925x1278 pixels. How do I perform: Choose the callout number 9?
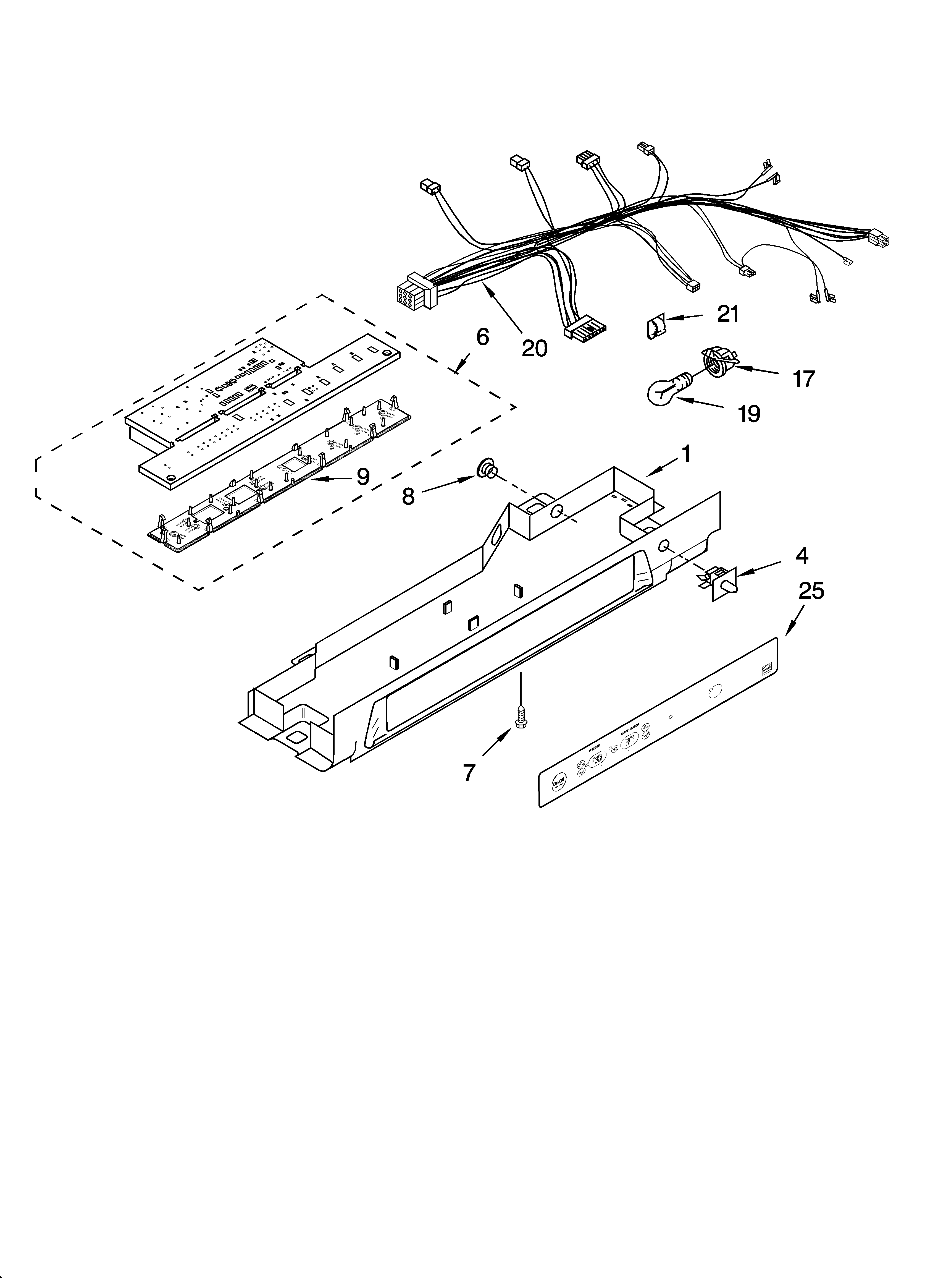(x=363, y=477)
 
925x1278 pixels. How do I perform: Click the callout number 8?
(x=408, y=496)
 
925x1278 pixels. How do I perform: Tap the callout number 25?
(x=811, y=590)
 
